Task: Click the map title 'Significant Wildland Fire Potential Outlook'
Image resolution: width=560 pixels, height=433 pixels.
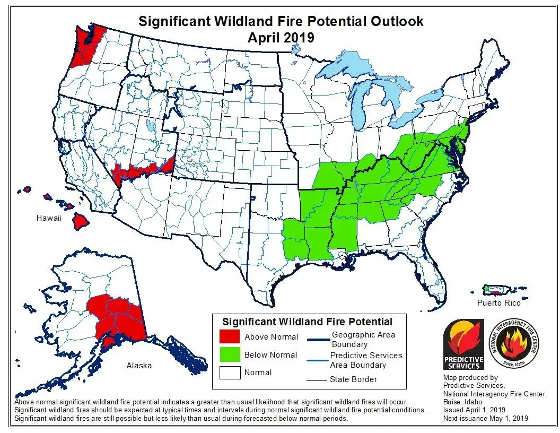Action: click(x=281, y=21)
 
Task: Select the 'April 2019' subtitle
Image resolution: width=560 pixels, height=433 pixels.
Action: click(x=281, y=38)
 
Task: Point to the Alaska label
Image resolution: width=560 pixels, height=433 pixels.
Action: click(x=139, y=365)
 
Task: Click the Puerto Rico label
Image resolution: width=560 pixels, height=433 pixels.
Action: click(x=498, y=302)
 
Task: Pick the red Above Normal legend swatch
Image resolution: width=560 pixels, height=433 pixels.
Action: click(x=229, y=337)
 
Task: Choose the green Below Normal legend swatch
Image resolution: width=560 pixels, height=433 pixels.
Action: click(x=229, y=354)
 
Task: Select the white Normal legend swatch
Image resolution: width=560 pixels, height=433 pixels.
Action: click(x=229, y=372)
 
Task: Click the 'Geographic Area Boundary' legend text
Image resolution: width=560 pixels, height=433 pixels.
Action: click(x=363, y=339)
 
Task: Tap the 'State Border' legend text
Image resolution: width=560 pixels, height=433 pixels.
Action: click(x=354, y=379)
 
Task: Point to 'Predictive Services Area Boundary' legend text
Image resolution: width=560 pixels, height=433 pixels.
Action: click(x=366, y=360)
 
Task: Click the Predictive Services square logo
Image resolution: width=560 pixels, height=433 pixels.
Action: click(x=463, y=344)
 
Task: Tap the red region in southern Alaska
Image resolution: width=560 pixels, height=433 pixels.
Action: click(x=119, y=321)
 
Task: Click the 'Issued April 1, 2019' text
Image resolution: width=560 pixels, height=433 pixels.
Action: click(x=474, y=410)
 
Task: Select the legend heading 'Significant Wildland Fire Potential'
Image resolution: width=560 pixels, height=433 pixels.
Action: click(x=307, y=322)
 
